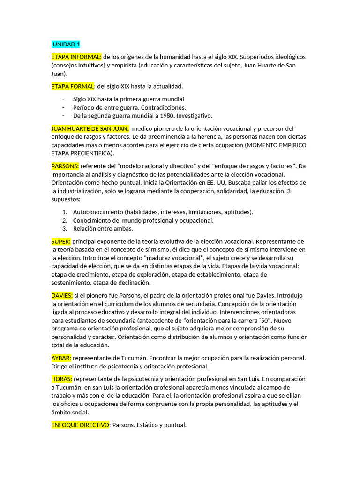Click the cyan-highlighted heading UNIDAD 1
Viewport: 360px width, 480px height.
pos(66,45)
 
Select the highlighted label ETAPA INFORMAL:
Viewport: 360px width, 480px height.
pos(76,57)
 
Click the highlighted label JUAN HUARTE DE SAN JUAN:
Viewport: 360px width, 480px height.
pos(90,128)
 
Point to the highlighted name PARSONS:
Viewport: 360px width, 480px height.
pos(65,166)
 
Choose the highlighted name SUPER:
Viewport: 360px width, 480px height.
pos(61,241)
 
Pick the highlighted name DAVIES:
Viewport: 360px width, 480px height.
pos(62,295)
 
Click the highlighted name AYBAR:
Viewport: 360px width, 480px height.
pos(61,358)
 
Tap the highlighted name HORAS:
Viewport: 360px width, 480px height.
pos(62,379)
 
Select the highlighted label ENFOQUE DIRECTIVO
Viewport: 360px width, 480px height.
pos(81,425)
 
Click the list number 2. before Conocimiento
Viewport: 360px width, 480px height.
pos(65,220)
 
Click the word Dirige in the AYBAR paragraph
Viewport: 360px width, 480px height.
pos(60,366)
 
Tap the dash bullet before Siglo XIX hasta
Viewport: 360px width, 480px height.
pos(63,99)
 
